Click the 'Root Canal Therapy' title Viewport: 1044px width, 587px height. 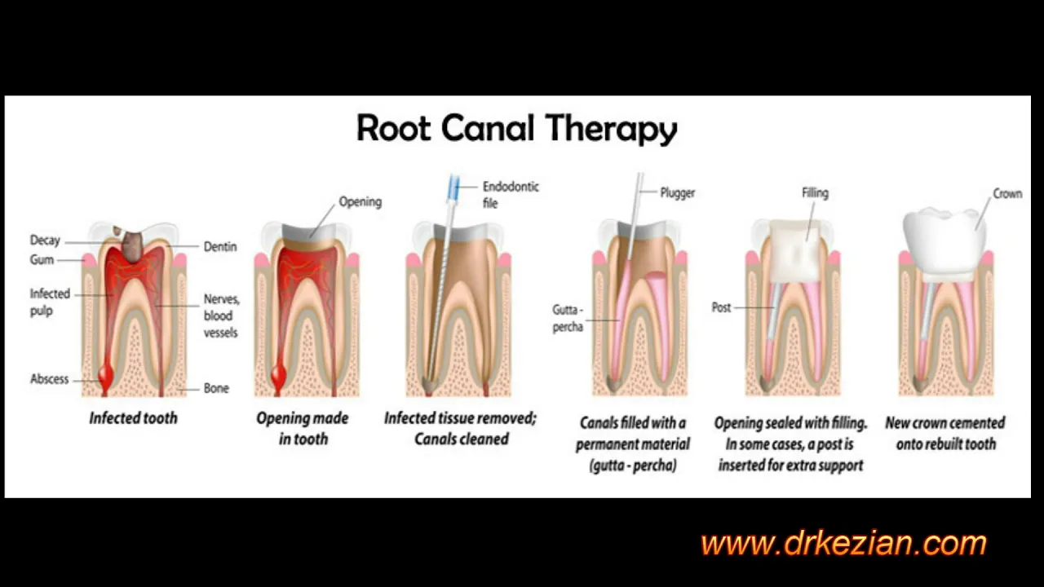516,129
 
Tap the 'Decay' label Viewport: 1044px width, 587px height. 45,241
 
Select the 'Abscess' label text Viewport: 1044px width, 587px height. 50,379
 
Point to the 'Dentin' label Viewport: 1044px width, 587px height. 220,246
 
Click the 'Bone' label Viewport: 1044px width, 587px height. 216,388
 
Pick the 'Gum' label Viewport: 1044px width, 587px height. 42,259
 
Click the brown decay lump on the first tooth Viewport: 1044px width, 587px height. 132,245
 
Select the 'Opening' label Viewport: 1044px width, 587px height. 361,201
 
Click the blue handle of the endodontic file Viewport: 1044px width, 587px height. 453,188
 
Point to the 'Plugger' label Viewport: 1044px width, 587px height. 677,193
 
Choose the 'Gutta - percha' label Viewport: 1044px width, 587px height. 568,318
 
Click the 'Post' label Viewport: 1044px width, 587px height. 722,307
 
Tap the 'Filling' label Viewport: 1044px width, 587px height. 815,193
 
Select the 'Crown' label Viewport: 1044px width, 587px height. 1007,194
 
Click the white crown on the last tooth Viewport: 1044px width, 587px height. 944,242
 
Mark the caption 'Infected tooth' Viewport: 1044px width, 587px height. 133,418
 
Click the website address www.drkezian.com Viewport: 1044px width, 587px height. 843,543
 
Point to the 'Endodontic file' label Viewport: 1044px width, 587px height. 511,195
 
